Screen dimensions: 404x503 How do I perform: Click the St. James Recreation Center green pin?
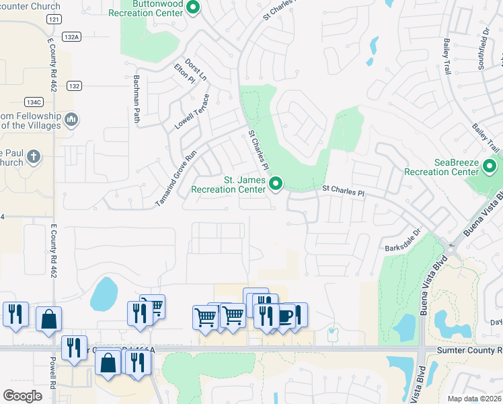pyautogui.click(x=275, y=183)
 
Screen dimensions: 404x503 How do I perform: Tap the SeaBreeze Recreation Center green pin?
pyautogui.click(x=490, y=166)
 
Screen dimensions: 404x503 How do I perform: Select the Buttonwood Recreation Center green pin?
pyautogui.click(x=194, y=8)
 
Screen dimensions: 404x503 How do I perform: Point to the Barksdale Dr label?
pyautogui.click(x=402, y=238)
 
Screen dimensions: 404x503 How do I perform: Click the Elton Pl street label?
pyautogui.click(x=184, y=73)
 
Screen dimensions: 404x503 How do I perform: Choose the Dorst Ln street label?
pyautogui.click(x=200, y=69)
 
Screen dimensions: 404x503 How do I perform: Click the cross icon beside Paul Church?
pyautogui.click(x=34, y=158)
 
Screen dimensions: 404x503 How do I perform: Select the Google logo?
pyautogui.click(x=23, y=396)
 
